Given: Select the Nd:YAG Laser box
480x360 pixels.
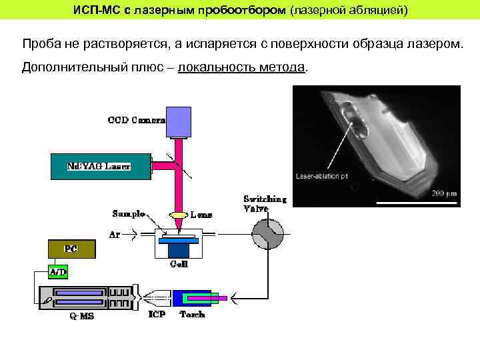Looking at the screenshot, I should [x=100, y=167].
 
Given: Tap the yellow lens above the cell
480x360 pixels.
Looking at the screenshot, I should [x=179, y=215].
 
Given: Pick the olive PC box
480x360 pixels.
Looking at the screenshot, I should [x=71, y=249].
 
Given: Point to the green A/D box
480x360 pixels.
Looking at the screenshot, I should [x=58, y=271].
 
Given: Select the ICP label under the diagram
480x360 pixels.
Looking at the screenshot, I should [x=157, y=314].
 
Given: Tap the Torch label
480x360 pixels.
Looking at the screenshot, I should [x=193, y=314].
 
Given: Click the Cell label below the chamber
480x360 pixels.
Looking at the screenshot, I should [x=179, y=265].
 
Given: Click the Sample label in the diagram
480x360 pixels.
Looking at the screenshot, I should [x=129, y=214].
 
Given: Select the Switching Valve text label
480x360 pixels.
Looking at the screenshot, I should [x=265, y=203].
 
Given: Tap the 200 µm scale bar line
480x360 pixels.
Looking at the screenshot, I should [x=413, y=201].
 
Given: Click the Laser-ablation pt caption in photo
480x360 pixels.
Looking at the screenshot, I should [x=322, y=177].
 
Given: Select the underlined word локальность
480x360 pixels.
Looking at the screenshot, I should [x=215, y=68].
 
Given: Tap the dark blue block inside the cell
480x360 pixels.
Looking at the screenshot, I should [x=178, y=249].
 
